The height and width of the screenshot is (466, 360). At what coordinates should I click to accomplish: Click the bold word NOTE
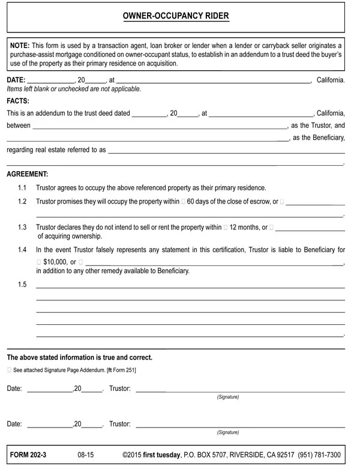pyautogui.click(x=19, y=46)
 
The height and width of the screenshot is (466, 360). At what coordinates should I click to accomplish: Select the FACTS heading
pyautogui.click(x=18, y=101)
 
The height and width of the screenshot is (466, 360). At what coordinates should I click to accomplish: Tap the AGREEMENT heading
pyautogui.click(x=28, y=174)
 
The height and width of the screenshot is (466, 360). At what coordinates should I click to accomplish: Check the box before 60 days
pyautogui.click(x=183, y=202)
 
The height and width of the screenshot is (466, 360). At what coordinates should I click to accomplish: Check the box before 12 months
pyautogui.click(x=226, y=228)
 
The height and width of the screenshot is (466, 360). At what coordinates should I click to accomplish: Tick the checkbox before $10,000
pyautogui.click(x=39, y=262)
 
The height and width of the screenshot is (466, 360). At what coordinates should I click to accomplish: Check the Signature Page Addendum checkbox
pyautogui.click(x=9, y=371)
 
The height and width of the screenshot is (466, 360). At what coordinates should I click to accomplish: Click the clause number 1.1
pyautogui.click(x=22, y=187)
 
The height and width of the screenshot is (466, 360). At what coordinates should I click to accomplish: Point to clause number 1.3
pyautogui.click(x=22, y=228)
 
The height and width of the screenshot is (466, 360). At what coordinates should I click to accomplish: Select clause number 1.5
pyautogui.click(x=22, y=285)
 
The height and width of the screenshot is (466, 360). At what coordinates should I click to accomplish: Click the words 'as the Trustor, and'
pyautogui.click(x=317, y=126)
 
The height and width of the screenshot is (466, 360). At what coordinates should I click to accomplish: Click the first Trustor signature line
pyautogui.click(x=240, y=390)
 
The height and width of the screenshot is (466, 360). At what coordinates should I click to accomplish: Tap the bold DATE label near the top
pyautogui.click(x=16, y=80)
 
